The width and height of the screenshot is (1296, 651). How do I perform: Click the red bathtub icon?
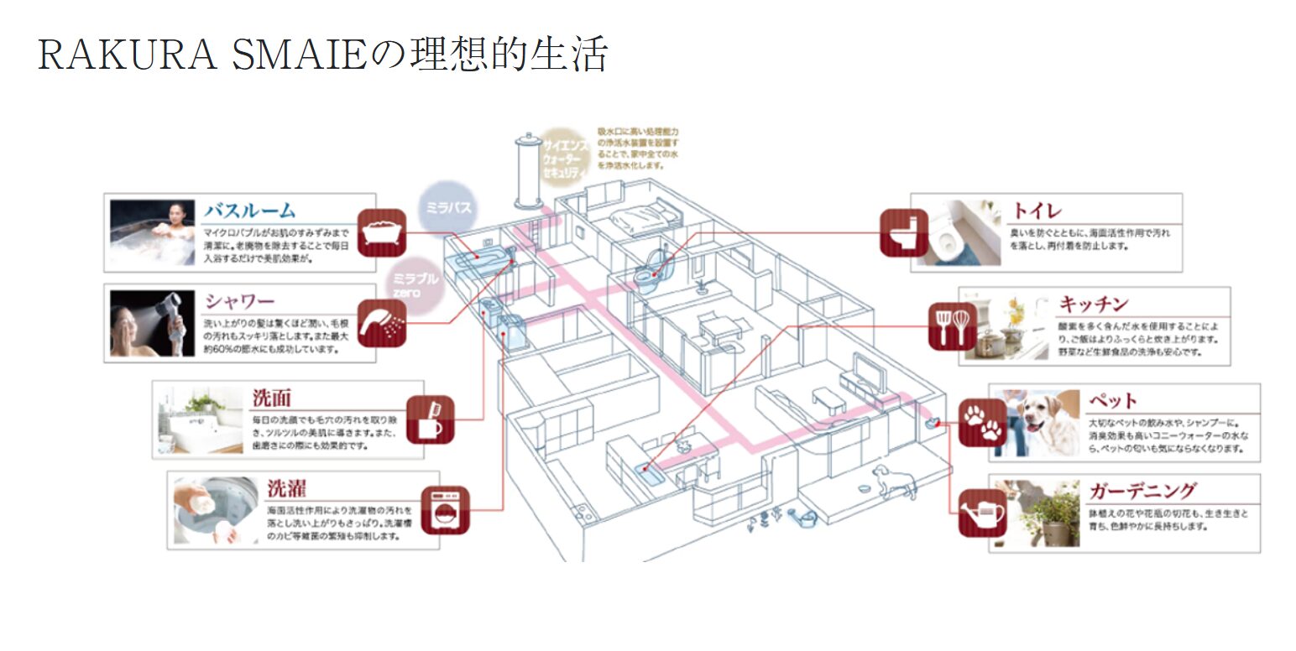pyautogui.click(x=382, y=232)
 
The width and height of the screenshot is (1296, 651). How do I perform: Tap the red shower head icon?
pyautogui.click(x=382, y=323)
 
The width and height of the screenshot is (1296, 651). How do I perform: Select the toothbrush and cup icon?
pyautogui.click(x=430, y=419)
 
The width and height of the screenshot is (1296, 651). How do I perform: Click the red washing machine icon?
pyautogui.click(x=445, y=510)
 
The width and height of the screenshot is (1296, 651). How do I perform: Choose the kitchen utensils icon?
pyautogui.click(x=953, y=325)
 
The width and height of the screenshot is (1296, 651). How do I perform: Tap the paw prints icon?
pyautogui.click(x=982, y=422)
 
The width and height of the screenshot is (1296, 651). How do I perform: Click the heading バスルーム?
pyautogui.click(x=250, y=210)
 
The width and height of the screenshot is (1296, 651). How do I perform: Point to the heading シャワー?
pyautogui.click(x=240, y=300)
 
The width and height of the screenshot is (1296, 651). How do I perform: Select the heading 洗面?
pyautogui.click(x=271, y=398)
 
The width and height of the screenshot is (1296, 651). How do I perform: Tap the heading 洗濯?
pyautogui.click(x=286, y=487)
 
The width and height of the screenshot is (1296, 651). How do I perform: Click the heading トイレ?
pyautogui.click(x=1037, y=210)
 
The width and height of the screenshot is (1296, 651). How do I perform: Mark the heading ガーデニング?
pyautogui.click(x=1142, y=490)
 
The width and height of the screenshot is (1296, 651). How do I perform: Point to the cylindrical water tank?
pyautogui.click(x=528, y=170)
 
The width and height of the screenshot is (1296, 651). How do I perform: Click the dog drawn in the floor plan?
pyautogui.click(x=884, y=481)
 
